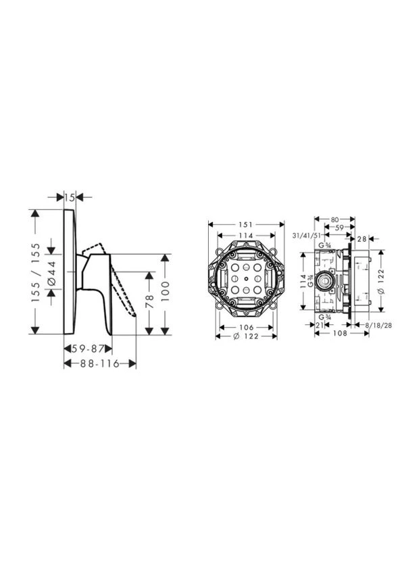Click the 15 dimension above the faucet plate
click(70, 197)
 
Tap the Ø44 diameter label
click(51, 273)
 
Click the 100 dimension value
click(165, 291)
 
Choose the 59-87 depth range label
click(88, 349)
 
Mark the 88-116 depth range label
click(100, 364)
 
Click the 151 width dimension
click(247, 225)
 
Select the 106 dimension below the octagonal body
click(247, 327)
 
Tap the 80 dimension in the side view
click(335, 220)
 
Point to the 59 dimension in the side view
click(339, 227)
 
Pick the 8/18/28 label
click(378, 325)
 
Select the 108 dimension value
click(340, 333)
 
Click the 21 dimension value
click(320, 325)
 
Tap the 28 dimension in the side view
click(361, 238)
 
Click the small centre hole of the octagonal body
click(246, 279)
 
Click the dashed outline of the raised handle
click(94, 250)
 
